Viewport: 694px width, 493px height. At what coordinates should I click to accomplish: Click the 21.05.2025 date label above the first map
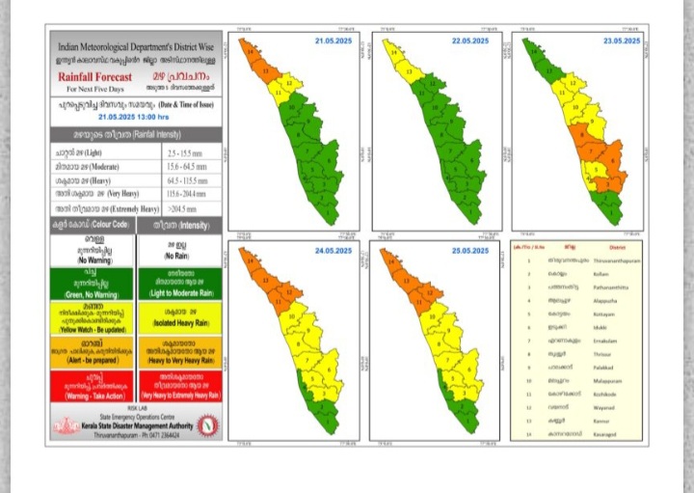[x=334, y=41]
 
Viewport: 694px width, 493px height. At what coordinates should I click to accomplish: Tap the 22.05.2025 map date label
[x=470, y=41]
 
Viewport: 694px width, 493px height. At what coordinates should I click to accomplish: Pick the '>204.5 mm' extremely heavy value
[x=180, y=207]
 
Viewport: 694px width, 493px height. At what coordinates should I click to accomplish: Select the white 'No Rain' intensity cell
[x=179, y=251]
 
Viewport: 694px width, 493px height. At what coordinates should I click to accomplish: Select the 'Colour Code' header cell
[x=93, y=224]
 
